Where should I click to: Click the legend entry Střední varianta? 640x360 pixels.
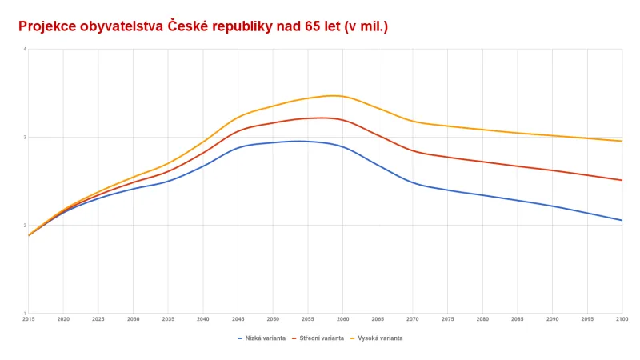(x=321, y=338)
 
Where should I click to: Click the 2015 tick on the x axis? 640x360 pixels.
(x=28, y=318)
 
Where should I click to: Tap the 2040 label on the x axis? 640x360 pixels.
(x=203, y=318)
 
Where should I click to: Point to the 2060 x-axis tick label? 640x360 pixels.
(x=343, y=318)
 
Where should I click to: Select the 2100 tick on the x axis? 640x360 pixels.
(x=622, y=318)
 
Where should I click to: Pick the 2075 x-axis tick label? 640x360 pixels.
(x=448, y=318)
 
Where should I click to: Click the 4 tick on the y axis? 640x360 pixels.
(x=25, y=50)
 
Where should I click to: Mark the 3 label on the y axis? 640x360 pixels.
(x=25, y=138)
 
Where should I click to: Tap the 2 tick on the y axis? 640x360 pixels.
(x=25, y=226)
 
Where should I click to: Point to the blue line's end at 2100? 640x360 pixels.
(x=622, y=220)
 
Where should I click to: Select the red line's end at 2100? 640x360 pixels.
(x=622, y=180)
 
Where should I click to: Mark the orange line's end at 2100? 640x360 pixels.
(x=622, y=141)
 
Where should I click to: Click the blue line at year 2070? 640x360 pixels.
(x=413, y=183)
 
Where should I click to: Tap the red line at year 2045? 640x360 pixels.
(x=238, y=130)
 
